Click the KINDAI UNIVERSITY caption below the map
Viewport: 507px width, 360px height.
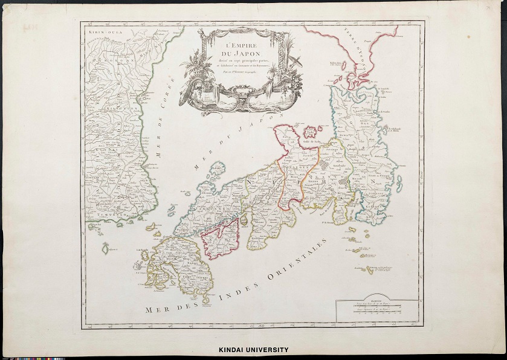click(x=253, y=350)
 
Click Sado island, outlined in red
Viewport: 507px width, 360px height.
click(x=312, y=132)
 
